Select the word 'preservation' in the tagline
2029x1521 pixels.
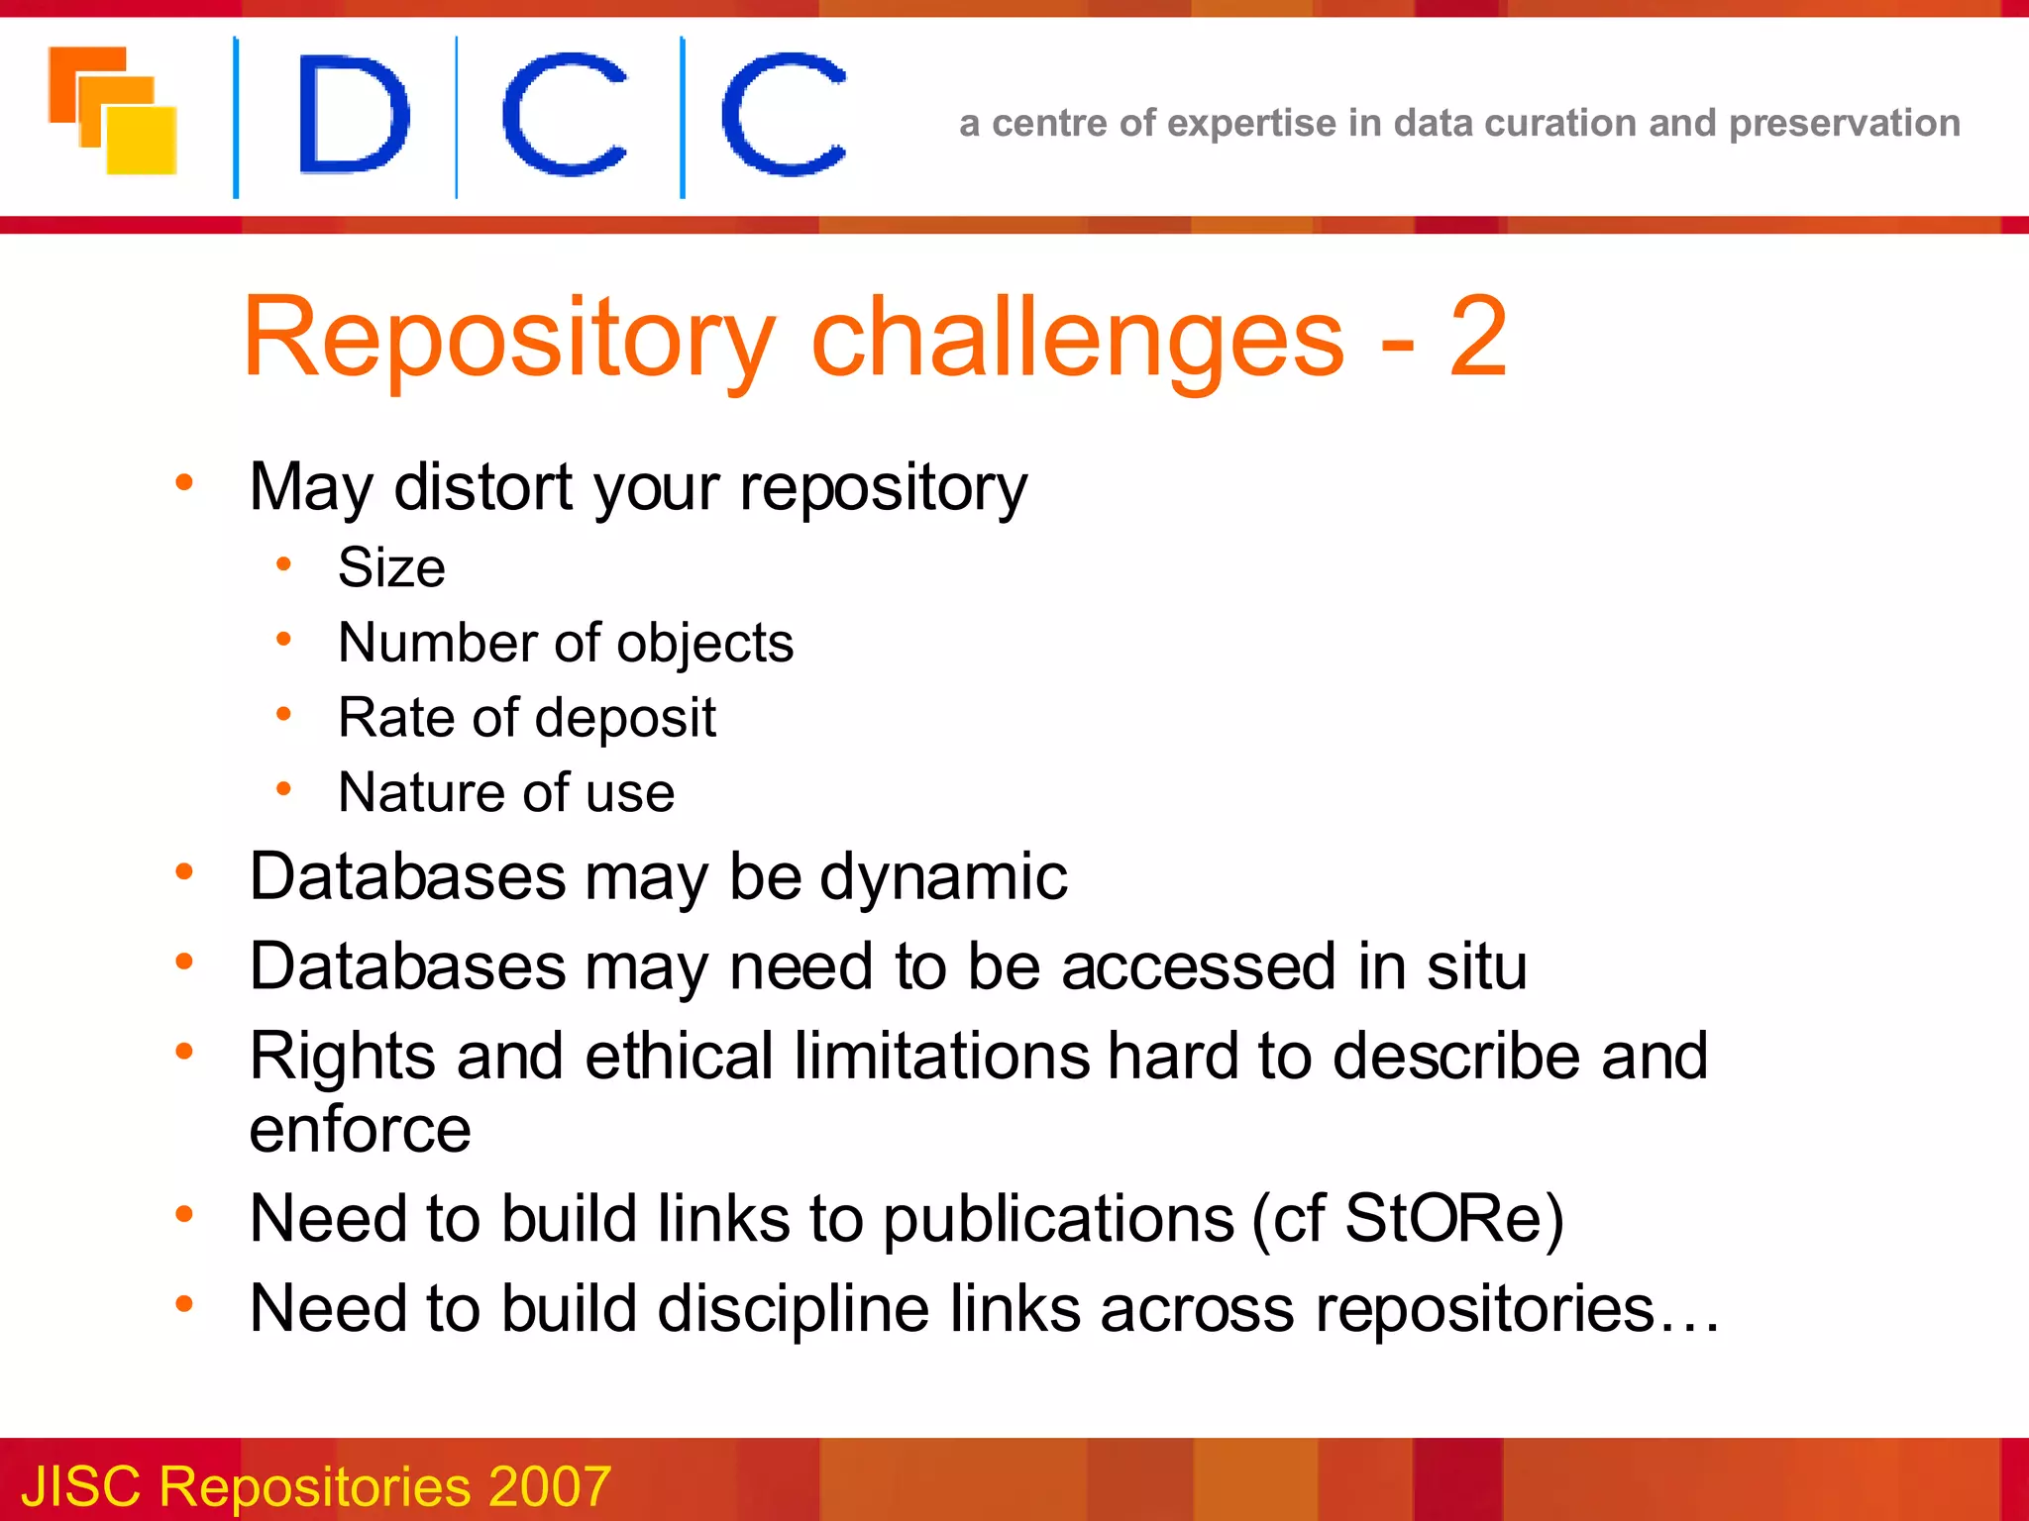coord(1844,124)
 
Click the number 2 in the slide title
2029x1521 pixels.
coord(1477,338)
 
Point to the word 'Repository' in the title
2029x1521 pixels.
coord(508,340)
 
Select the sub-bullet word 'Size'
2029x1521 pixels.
coord(391,567)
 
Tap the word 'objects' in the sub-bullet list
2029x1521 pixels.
coord(704,644)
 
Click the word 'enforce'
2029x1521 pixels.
coord(360,1130)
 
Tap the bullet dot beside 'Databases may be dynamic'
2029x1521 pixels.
coord(184,872)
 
